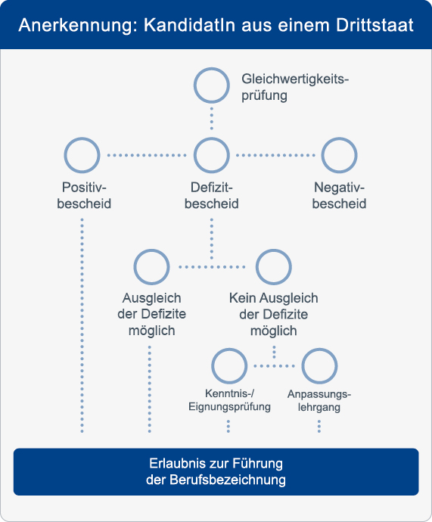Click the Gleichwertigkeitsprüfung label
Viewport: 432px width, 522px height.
(x=295, y=87)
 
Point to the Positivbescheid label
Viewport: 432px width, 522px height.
(x=84, y=195)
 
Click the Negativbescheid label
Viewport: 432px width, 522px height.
(x=339, y=195)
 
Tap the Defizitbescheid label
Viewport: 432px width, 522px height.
(x=212, y=195)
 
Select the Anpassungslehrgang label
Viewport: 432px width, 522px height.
(x=319, y=400)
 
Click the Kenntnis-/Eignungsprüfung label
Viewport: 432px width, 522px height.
(x=229, y=400)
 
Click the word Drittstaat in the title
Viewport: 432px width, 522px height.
(x=375, y=25)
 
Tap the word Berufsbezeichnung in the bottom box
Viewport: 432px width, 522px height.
(x=228, y=480)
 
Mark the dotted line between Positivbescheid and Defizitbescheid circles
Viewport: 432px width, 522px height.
(x=147, y=155)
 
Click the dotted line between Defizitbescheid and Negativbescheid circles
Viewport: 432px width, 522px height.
(x=275, y=155)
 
